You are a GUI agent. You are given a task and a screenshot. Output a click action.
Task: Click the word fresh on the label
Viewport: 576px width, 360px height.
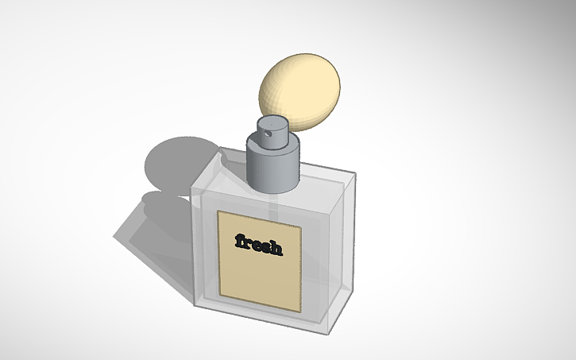point(258,245)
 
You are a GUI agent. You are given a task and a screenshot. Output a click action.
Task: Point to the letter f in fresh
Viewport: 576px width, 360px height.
point(238,240)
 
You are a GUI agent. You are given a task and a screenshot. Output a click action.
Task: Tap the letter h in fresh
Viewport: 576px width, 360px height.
point(275,248)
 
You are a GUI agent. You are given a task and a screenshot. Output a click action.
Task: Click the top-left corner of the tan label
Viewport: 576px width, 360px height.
point(218,211)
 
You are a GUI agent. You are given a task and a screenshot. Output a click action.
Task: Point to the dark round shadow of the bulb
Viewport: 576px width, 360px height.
point(175,163)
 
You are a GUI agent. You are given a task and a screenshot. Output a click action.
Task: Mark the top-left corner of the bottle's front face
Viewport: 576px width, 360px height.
point(191,197)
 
